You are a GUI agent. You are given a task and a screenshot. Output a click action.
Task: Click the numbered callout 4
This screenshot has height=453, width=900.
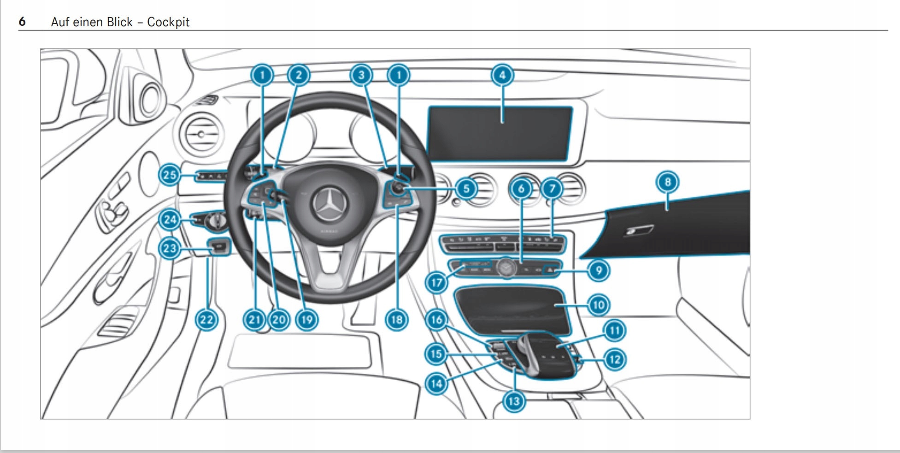point(502,75)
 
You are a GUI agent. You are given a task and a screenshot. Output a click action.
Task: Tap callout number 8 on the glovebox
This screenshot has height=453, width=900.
point(667,182)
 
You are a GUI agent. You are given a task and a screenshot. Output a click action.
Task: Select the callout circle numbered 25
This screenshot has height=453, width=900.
point(170,175)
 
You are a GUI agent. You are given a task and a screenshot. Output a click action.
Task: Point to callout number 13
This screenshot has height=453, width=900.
point(514,401)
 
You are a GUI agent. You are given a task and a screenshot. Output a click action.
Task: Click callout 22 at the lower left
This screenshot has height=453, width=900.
point(206,320)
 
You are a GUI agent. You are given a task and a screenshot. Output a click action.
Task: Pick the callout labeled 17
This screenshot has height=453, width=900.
point(436,282)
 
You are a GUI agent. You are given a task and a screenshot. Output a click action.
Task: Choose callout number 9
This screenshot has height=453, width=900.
point(598,270)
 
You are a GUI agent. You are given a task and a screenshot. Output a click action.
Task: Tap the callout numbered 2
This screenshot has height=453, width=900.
point(299,75)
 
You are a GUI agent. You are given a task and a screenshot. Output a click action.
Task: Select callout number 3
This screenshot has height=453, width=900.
point(361,75)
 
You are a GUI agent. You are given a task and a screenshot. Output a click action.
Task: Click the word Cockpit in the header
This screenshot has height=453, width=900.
point(168,22)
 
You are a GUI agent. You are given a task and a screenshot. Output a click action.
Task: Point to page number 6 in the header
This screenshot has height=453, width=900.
point(22,22)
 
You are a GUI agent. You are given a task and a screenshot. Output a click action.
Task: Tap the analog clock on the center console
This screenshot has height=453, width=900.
point(506,268)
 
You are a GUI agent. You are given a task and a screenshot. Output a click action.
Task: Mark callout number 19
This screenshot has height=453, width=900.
point(306,320)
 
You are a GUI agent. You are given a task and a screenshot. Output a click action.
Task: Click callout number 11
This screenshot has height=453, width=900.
point(614,330)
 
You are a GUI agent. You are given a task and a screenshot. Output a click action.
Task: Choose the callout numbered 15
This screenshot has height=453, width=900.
point(436,354)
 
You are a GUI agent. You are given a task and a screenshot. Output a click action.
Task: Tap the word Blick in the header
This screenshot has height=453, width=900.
point(120,22)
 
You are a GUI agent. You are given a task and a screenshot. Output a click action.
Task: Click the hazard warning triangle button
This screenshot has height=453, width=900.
point(550,269)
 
